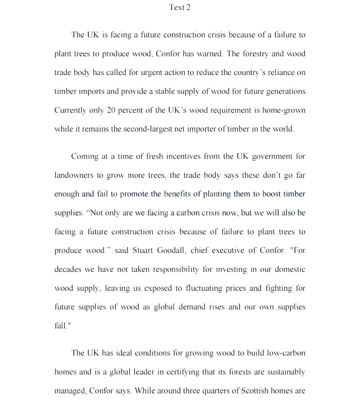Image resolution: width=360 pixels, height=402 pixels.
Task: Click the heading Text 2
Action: coord(180,7)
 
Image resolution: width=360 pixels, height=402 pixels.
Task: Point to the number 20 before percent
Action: coord(111,110)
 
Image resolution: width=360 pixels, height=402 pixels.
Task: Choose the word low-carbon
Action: coord(286,353)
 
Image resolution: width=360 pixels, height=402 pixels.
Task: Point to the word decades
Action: coord(68,269)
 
